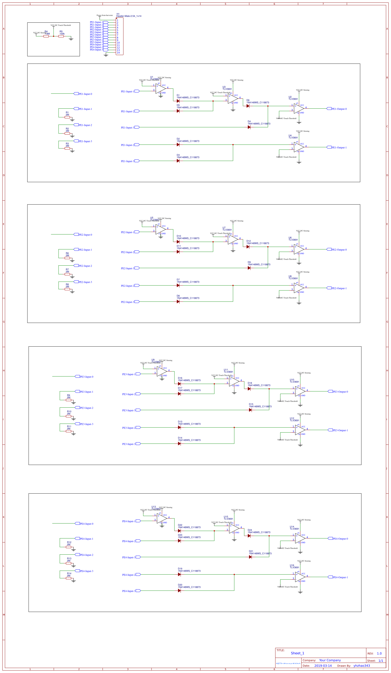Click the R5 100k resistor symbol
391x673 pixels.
[61, 36]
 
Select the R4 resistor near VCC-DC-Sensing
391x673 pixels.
[46, 36]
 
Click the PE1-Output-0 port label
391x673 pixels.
[339, 109]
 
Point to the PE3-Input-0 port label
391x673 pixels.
[86, 377]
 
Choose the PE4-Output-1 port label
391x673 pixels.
[340, 577]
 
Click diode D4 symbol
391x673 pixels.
[249, 127]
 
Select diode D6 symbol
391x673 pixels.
[248, 106]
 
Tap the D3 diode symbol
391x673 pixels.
[178, 161]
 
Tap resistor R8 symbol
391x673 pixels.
[67, 289]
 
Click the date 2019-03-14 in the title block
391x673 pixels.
[323, 666]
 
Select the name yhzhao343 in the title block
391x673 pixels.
[362, 666]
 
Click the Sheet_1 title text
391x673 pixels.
[297, 653]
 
